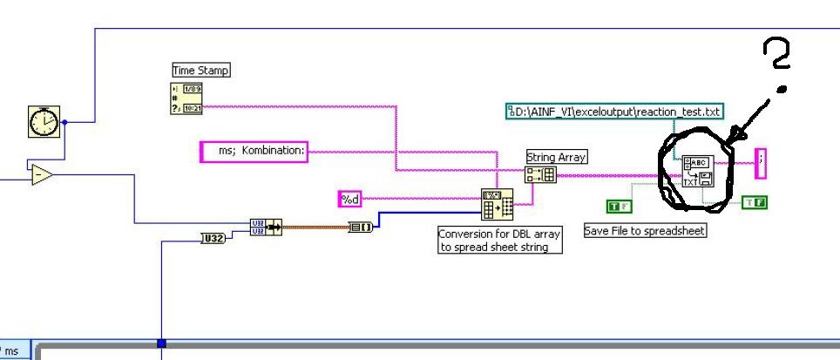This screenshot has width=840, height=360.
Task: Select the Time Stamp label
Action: pyautogui.click(x=200, y=71)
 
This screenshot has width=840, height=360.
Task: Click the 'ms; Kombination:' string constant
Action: pyautogui.click(x=254, y=152)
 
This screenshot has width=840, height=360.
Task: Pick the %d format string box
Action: pyautogui.click(x=349, y=200)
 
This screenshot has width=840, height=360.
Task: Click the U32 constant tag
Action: pyautogui.click(x=213, y=237)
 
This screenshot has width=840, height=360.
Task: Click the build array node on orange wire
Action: pyautogui.click(x=362, y=227)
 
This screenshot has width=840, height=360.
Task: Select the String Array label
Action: pyautogui.click(x=556, y=158)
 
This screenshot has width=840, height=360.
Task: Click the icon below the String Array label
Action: pyautogui.click(x=540, y=175)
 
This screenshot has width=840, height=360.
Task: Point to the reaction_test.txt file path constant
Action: pyautogui.click(x=616, y=112)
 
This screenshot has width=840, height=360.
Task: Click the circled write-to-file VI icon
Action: pyautogui.click(x=697, y=172)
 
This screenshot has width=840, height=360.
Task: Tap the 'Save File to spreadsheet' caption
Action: pyautogui.click(x=644, y=231)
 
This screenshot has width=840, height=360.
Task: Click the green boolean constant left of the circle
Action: pyautogui.click(x=619, y=206)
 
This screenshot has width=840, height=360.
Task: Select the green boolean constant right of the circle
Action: pyautogui.click(x=754, y=203)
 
